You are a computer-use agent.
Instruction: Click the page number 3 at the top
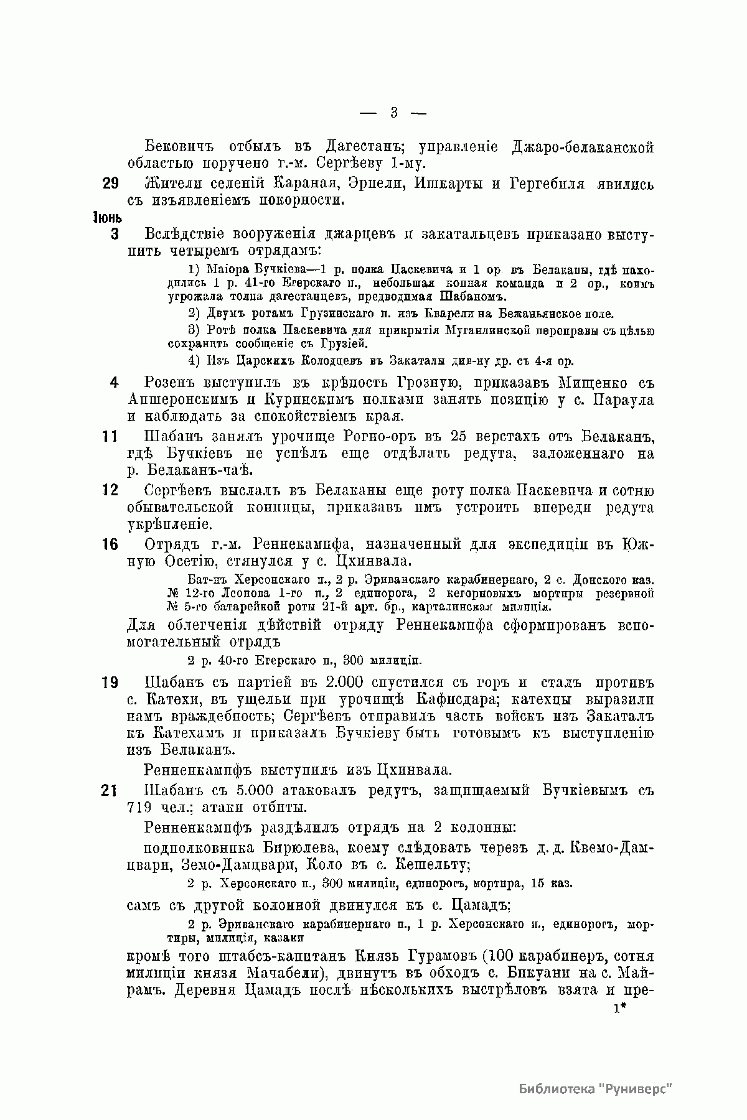tap(393, 113)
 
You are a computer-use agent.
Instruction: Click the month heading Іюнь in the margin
tap(106, 218)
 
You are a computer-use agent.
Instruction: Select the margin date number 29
tap(110, 185)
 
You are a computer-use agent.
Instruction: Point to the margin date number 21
tap(110, 791)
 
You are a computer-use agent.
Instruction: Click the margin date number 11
tap(110, 437)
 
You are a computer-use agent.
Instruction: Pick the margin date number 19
tap(110, 683)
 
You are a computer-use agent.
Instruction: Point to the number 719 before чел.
tap(138, 808)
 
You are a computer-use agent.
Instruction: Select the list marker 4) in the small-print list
tap(193, 361)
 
